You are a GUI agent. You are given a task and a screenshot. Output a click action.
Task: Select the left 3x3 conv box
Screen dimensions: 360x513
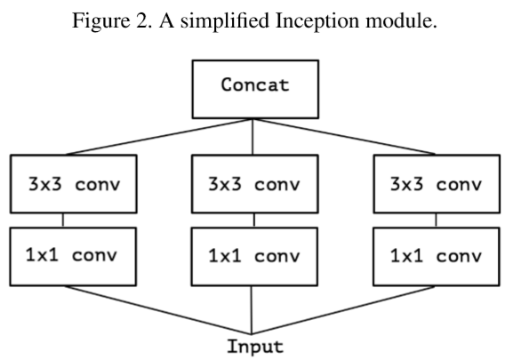tap(72, 185)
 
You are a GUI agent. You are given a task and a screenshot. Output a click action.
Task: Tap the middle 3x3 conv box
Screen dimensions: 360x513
tap(255, 185)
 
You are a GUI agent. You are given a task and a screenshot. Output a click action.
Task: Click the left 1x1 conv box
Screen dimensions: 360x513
tap(72, 256)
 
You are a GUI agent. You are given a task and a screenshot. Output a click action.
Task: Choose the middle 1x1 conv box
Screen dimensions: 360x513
tap(255, 256)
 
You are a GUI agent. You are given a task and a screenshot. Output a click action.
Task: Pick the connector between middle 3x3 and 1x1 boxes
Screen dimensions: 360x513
tap(255, 220)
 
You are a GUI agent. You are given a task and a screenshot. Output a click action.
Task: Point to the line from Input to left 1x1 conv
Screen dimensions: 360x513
tap(160, 312)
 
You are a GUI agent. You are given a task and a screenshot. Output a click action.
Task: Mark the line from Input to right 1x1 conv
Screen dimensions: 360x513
tap(347, 312)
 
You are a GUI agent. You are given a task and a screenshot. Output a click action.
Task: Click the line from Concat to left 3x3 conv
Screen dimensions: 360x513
tap(160, 138)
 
